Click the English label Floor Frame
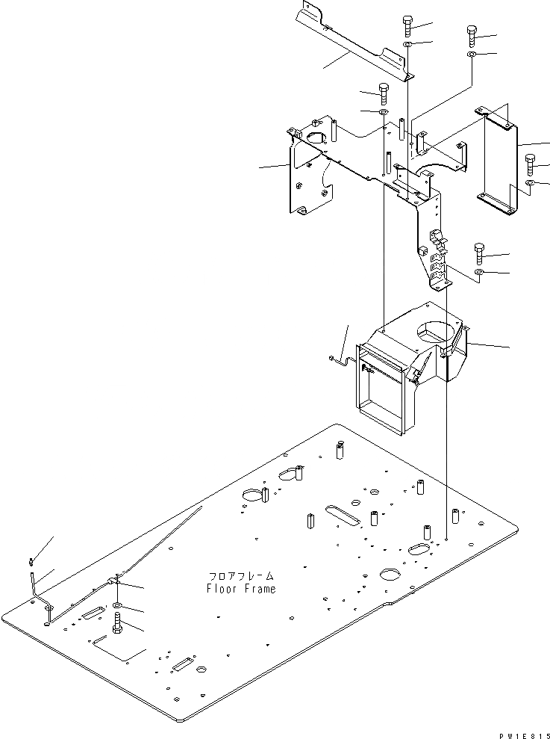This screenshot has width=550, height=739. point(241,589)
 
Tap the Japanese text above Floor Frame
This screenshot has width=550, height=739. point(241,576)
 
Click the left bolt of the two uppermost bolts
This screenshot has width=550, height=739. point(407,26)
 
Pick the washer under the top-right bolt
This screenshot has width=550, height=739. point(472,55)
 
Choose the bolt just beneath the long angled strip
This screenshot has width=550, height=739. point(383,93)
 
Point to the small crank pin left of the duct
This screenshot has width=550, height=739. point(339,361)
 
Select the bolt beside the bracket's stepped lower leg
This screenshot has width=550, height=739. point(478,253)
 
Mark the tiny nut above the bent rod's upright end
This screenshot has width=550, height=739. point(31,560)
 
